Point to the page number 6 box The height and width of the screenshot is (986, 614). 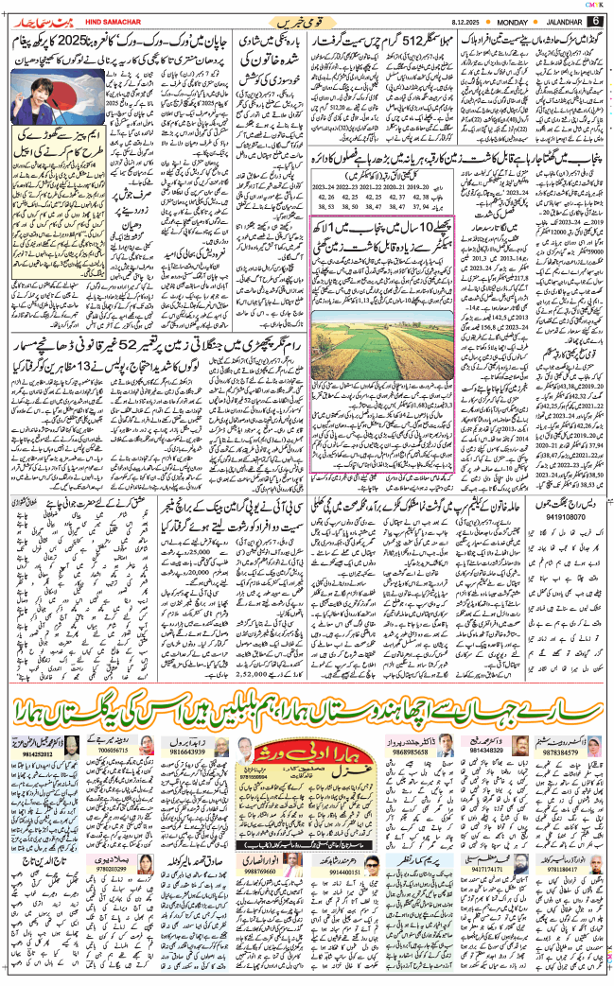(x=595, y=20)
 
